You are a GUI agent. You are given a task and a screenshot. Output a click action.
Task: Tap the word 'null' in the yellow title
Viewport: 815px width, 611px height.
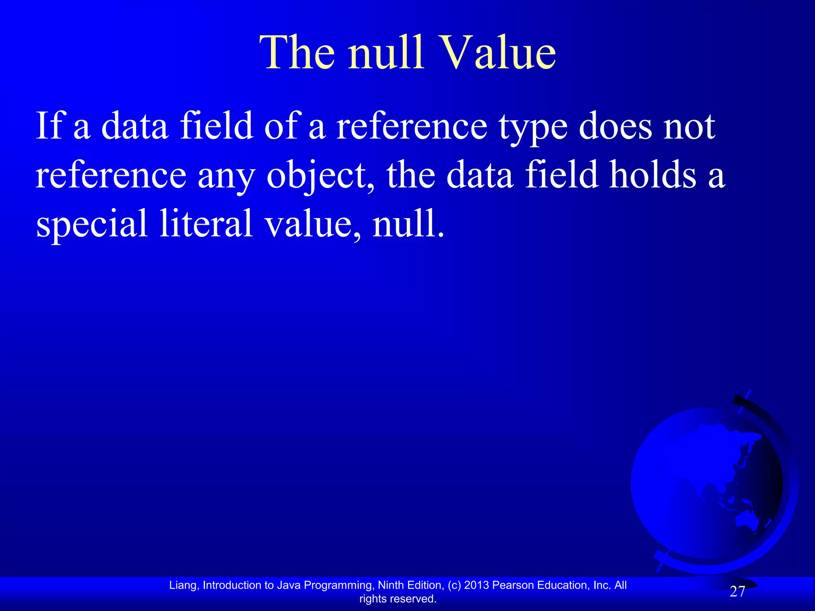[x=385, y=53]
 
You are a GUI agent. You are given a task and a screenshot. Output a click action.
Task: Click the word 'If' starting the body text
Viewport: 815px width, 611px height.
[x=49, y=126]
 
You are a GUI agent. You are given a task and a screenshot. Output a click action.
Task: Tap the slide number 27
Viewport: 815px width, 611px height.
[x=737, y=592]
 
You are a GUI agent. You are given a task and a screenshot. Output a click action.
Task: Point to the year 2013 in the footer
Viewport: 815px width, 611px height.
[x=477, y=585]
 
